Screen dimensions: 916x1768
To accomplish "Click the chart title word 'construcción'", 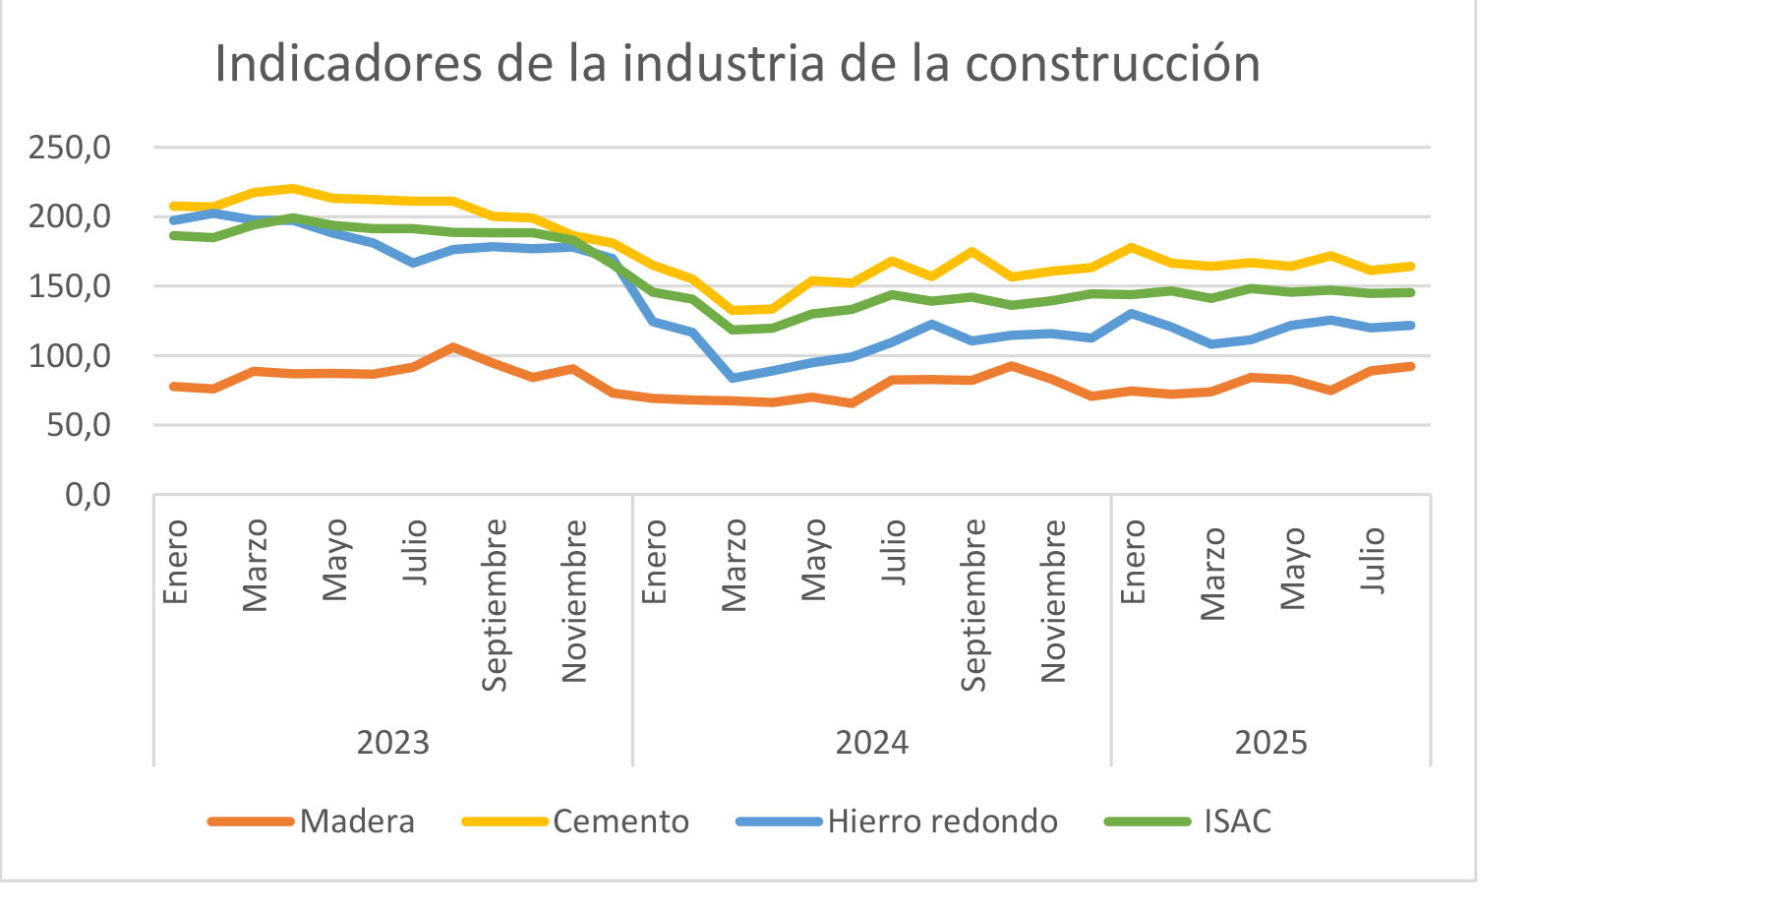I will (1112, 64).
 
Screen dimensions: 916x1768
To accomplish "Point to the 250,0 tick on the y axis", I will (70, 149).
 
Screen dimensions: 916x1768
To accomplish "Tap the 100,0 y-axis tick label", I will (70, 356).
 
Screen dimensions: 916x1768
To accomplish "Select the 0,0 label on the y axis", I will (88, 495).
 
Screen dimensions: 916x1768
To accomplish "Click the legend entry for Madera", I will (357, 822).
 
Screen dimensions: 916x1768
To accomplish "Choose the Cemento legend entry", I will (620, 822).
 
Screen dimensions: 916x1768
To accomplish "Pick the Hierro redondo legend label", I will (942, 822).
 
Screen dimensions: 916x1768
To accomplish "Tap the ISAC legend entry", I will (1237, 822).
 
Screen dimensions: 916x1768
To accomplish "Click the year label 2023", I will (393, 742).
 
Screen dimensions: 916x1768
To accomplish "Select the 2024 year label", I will (872, 742).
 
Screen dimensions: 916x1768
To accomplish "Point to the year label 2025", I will (1270, 742).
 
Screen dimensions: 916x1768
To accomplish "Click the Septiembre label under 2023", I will (495, 605).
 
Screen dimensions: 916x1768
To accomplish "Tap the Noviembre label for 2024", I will (1053, 601).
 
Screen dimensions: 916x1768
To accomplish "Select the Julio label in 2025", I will (1373, 560).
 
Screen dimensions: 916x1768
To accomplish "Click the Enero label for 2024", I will (654, 562).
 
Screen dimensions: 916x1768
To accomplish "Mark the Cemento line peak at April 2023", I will (293, 188).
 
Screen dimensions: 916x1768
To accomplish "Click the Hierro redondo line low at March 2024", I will (733, 378).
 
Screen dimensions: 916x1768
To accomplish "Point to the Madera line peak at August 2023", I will (453, 347).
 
